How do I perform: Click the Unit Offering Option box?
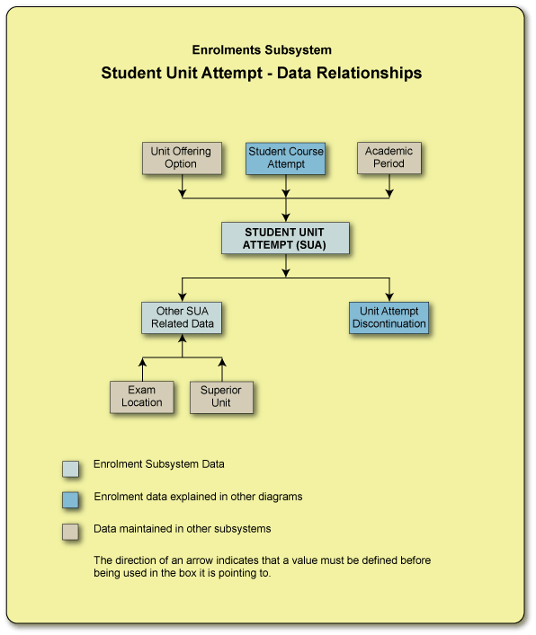(x=182, y=158)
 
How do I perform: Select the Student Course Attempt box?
(x=286, y=158)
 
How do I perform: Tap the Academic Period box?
(x=389, y=158)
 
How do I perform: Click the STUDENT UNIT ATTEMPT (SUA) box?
(x=285, y=238)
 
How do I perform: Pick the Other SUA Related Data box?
(x=182, y=318)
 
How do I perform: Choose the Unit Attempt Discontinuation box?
(x=389, y=318)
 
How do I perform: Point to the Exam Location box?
(x=142, y=396)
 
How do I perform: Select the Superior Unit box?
(x=221, y=396)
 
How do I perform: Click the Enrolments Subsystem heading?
(x=261, y=50)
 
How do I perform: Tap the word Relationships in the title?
(x=364, y=74)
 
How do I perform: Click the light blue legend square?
(x=70, y=468)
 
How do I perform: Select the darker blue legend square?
(x=70, y=499)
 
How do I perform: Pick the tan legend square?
(x=70, y=531)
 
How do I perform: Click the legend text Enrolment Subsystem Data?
(x=159, y=465)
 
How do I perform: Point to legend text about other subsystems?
(x=183, y=529)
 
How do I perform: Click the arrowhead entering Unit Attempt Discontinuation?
(x=389, y=296)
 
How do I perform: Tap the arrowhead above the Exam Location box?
(x=142, y=362)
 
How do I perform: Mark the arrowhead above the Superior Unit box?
(x=222, y=362)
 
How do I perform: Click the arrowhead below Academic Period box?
(x=389, y=191)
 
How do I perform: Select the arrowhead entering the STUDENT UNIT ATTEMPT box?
(x=286, y=216)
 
